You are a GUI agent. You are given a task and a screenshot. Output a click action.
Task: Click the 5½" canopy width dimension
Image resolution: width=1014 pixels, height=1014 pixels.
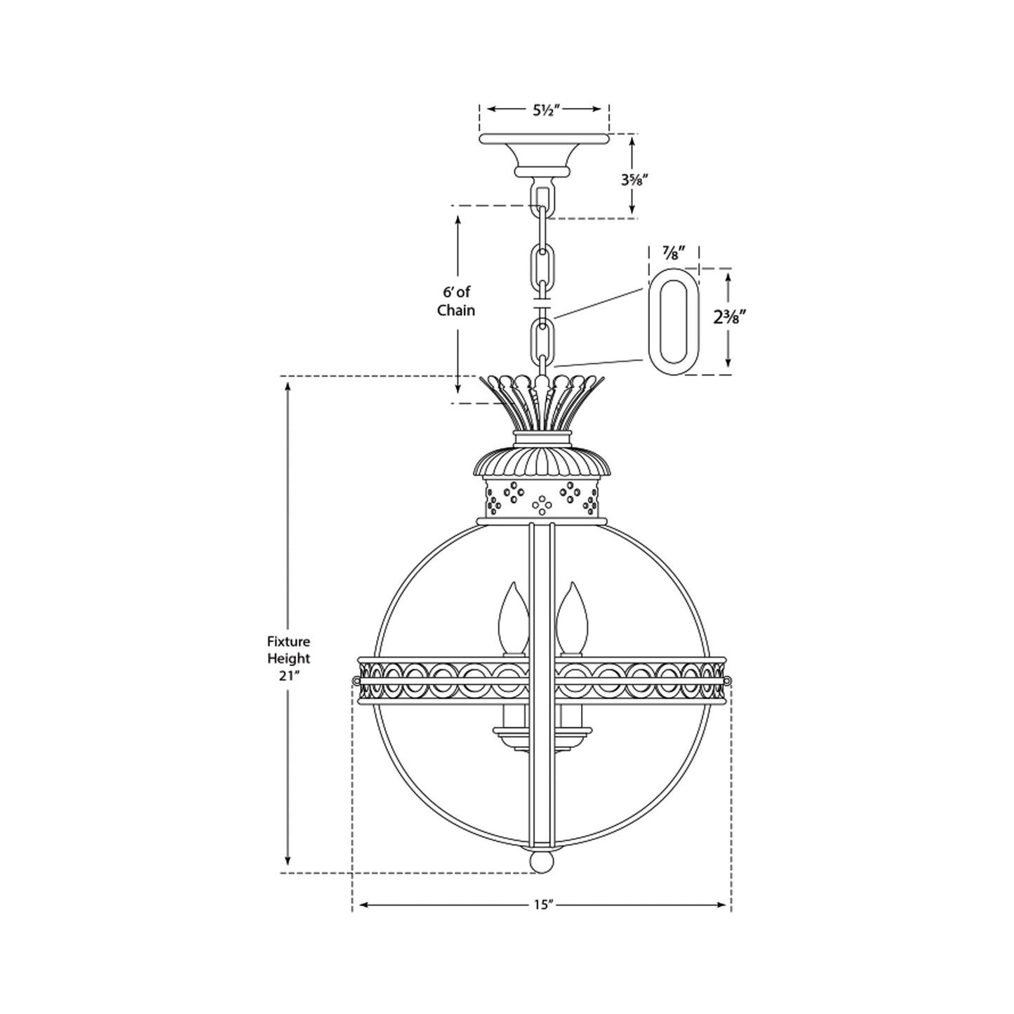(x=544, y=109)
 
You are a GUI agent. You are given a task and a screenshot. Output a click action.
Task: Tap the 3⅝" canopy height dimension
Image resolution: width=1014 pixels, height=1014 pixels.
(x=634, y=179)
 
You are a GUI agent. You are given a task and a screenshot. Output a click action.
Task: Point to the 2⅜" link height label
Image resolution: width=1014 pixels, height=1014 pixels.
(x=728, y=317)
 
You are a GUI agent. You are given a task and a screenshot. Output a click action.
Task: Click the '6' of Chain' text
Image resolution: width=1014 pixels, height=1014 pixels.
(x=456, y=301)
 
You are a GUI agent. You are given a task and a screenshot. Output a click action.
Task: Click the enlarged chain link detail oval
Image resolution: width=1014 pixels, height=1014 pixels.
(x=671, y=323)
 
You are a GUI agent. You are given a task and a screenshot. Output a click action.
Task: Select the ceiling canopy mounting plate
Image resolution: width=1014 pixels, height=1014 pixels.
(x=544, y=140)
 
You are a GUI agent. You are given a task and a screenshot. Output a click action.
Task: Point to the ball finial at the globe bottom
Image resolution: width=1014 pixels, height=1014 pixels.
(x=541, y=861)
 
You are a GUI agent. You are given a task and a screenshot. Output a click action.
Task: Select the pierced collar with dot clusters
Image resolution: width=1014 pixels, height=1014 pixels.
(x=541, y=498)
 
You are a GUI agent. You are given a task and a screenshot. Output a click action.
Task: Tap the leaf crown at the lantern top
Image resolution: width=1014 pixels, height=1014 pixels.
(x=540, y=403)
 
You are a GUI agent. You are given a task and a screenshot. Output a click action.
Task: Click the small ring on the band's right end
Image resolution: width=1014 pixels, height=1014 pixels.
(x=728, y=680)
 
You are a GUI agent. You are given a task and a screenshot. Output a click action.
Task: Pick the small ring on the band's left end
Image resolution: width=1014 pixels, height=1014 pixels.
(x=354, y=680)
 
